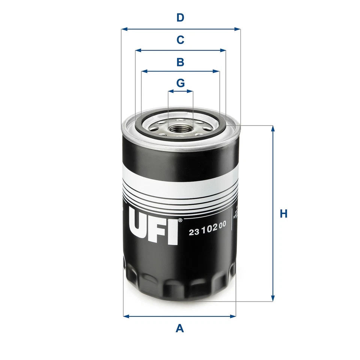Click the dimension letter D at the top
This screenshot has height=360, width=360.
pos(180,18)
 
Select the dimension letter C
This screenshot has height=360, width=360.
pos(180,39)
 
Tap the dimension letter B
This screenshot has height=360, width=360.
pos(180,62)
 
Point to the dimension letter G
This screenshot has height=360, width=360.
pos(180,82)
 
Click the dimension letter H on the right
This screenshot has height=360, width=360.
pos(283,214)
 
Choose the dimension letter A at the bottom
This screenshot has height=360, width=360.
pos(180,328)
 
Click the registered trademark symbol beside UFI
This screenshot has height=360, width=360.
pos(180,220)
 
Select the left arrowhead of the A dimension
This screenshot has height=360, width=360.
pos(126,316)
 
